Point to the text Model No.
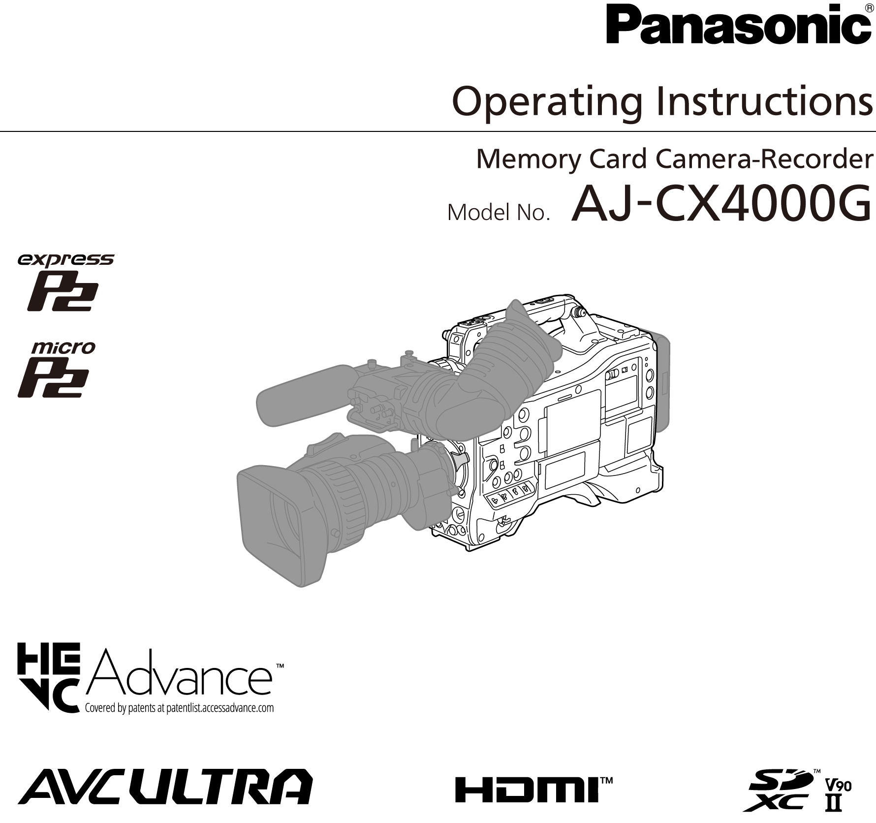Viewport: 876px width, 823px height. point(498,213)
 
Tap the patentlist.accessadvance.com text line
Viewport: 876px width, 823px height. point(179,708)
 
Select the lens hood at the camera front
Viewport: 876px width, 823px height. point(276,522)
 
